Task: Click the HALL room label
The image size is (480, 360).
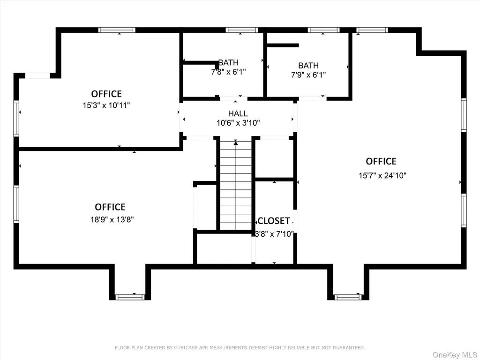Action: tap(238, 113)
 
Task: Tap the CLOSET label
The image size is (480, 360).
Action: tap(274, 221)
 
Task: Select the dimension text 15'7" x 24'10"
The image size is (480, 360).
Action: tap(382, 175)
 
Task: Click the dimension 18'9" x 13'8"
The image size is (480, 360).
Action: tap(112, 219)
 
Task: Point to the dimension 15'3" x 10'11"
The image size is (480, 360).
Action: tap(106, 105)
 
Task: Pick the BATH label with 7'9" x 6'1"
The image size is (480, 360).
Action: tap(308, 66)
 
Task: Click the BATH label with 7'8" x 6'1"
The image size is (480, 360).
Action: tap(228, 62)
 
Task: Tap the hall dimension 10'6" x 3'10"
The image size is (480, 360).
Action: tap(238, 123)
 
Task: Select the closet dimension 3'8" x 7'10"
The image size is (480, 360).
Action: tap(274, 234)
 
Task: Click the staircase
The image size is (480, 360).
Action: tap(236, 185)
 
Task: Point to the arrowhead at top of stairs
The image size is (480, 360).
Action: tap(236, 142)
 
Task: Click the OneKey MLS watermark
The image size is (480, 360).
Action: tap(455, 354)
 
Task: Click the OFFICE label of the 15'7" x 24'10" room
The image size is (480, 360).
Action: tap(381, 161)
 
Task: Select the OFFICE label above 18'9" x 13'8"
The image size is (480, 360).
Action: tap(110, 207)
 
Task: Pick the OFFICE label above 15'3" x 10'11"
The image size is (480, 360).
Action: tap(106, 94)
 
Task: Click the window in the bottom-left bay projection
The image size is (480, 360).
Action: tap(130, 297)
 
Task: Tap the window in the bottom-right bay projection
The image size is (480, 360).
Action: tap(347, 297)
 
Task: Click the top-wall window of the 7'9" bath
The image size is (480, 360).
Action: tap(323, 30)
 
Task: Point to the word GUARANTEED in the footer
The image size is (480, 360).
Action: tap(349, 348)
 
